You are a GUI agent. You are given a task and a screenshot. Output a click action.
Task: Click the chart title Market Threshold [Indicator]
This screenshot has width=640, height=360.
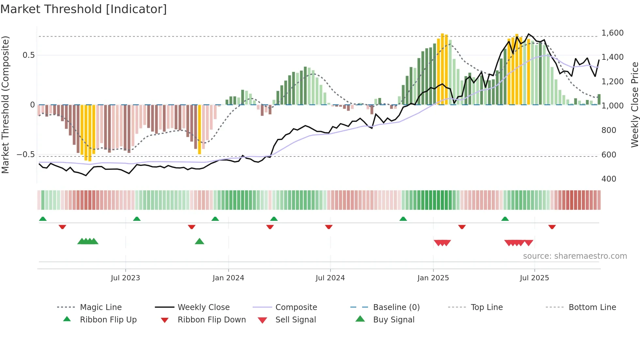coord(84,9)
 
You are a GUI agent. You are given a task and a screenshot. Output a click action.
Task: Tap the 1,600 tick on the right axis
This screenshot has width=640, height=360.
coord(612,33)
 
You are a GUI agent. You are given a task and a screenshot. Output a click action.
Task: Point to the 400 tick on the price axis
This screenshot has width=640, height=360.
coord(609,179)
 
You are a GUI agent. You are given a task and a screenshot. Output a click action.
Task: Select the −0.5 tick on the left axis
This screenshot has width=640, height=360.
coord(25,154)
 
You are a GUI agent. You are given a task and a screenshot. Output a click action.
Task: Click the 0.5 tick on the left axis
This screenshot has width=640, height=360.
coord(28,55)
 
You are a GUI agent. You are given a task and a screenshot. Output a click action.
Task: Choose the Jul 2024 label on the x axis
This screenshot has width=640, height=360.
coord(330,278)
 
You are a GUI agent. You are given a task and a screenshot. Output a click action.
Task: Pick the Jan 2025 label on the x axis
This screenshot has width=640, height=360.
coord(433,278)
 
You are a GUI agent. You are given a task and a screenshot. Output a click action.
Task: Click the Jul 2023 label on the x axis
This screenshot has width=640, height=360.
coord(125,278)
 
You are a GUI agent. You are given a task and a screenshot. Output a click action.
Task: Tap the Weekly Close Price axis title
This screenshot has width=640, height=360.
coord(634,105)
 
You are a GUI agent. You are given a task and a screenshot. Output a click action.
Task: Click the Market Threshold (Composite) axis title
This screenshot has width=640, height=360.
coord(5,105)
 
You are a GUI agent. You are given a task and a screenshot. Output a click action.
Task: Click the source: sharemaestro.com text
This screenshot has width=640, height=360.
coord(575,256)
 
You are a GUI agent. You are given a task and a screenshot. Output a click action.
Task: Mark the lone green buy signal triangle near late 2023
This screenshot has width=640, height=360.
coord(199,241)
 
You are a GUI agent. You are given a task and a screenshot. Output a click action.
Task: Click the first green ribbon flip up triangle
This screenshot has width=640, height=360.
coord(43,219)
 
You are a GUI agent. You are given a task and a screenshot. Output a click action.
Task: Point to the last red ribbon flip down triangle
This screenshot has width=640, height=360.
coord(552,227)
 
